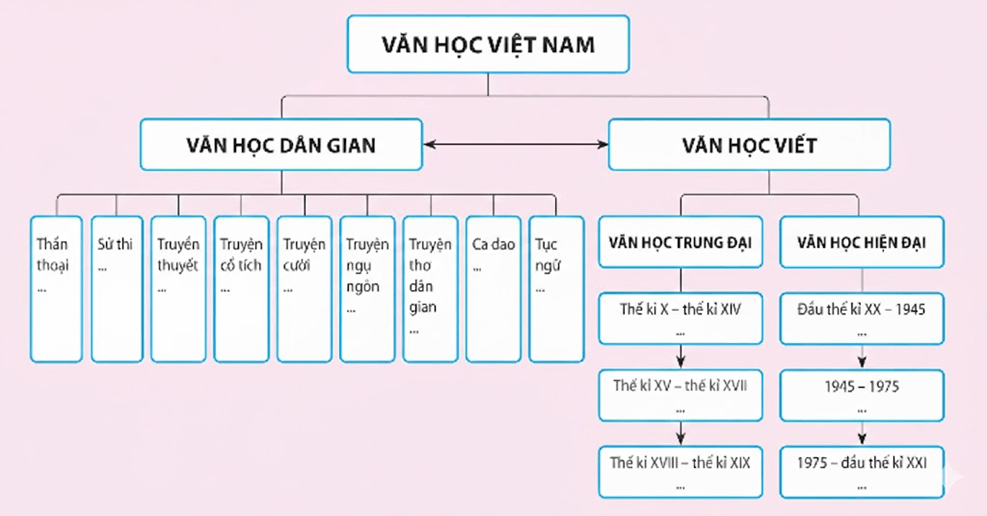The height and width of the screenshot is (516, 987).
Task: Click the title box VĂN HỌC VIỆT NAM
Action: pyautogui.click(x=488, y=45)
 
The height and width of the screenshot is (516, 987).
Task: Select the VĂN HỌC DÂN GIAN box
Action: pyautogui.click(x=281, y=145)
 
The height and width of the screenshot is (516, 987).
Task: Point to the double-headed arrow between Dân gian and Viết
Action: pyautogui.click(x=516, y=145)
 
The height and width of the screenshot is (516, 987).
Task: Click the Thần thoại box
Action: pyautogui.click(x=56, y=288)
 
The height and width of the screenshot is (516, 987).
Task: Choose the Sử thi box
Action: pyautogui.click(x=117, y=288)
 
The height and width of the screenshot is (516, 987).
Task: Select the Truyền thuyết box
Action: pyautogui.click(x=179, y=288)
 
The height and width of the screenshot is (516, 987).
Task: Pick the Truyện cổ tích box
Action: pyautogui.click(x=241, y=288)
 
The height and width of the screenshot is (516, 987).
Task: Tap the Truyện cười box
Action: pyautogui.click(x=304, y=288)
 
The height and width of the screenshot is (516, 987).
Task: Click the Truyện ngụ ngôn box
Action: pyautogui.click(x=367, y=288)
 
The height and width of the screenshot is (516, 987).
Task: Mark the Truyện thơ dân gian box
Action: pyautogui.click(x=430, y=288)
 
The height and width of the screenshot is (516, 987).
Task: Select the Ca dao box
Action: pyautogui.click(x=493, y=288)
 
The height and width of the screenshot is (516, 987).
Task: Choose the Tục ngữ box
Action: pyautogui.click(x=556, y=288)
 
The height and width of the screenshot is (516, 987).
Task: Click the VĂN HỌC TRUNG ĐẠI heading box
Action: pyautogui.click(x=680, y=242)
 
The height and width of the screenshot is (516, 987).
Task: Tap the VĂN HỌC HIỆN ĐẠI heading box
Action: pyautogui.click(x=861, y=242)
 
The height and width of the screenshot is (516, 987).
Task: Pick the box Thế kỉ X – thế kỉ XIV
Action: pyautogui.click(x=680, y=317)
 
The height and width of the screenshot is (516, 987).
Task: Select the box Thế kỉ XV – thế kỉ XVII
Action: pyautogui.click(x=680, y=394)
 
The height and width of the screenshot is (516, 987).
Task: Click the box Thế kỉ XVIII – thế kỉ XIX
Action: pyautogui.click(x=680, y=471)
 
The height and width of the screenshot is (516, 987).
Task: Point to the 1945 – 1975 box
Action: pyautogui.click(x=861, y=394)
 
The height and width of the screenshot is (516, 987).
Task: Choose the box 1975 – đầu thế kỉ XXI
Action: pyautogui.click(x=861, y=471)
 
